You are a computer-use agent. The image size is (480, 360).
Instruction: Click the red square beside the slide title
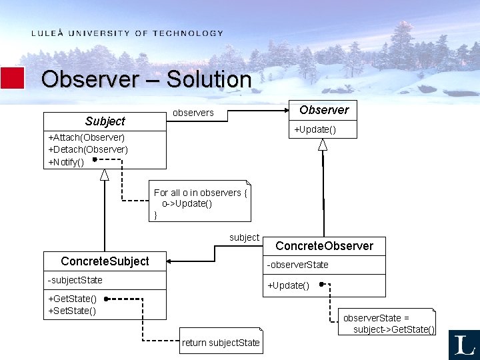(x=13, y=78)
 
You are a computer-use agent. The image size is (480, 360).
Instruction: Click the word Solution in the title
(x=209, y=79)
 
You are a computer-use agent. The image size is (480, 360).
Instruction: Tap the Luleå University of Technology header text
(x=127, y=33)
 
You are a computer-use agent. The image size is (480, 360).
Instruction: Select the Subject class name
(x=105, y=121)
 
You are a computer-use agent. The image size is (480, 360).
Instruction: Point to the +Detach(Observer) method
(x=88, y=149)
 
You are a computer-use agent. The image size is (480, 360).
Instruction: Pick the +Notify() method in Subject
(x=66, y=161)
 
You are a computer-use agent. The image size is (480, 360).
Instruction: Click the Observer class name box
(x=324, y=110)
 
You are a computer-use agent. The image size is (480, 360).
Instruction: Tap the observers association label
(x=193, y=113)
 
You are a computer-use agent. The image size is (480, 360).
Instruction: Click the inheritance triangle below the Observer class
(x=323, y=145)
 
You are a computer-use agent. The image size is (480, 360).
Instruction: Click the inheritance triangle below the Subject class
(x=105, y=175)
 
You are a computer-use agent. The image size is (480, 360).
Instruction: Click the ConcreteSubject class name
(x=105, y=261)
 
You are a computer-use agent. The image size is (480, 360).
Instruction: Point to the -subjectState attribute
(x=75, y=279)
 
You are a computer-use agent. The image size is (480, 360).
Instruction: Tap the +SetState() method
(x=72, y=311)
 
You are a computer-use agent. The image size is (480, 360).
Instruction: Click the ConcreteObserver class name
(x=324, y=246)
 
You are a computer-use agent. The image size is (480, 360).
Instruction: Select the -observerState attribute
(x=298, y=265)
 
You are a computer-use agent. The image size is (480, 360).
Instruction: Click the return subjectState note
(x=221, y=343)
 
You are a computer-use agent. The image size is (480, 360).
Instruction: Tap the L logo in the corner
(x=464, y=345)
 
